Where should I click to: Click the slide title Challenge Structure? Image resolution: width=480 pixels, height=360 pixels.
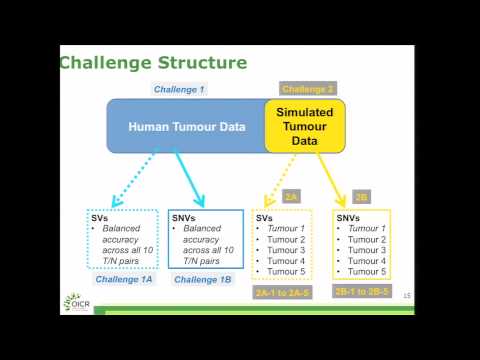pos(153,63)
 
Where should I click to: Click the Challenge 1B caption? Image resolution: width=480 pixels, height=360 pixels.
pos(203,279)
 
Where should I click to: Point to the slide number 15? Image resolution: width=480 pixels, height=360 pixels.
pos(406,296)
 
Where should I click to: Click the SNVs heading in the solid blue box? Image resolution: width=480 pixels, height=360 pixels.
pos(186,217)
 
